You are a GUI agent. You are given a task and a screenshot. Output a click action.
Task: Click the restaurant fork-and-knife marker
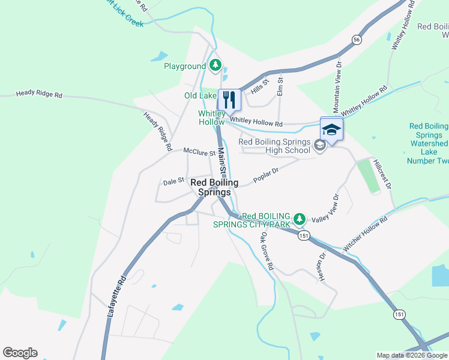coord(229,99)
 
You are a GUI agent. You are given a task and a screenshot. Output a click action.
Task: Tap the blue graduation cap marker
coord(331,128)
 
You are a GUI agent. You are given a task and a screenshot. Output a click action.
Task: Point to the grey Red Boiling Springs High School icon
coord(320,145)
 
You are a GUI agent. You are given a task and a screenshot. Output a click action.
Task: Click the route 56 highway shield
coord(357,40)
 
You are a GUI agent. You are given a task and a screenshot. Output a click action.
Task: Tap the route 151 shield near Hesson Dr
coord(304,236)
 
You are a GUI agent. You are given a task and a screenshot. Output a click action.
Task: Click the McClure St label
coord(199,152)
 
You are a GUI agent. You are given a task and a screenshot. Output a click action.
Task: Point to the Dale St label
coord(173,181)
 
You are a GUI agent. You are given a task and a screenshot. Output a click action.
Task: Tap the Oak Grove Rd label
coord(267,251)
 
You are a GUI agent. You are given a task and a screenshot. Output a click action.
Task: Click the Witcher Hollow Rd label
coord(366,234)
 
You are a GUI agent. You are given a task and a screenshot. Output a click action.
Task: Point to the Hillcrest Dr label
coord(382,175)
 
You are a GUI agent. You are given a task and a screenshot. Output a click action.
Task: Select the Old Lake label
coord(200,95)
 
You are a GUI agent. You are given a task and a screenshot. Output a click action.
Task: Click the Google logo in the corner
coord(20,353)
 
